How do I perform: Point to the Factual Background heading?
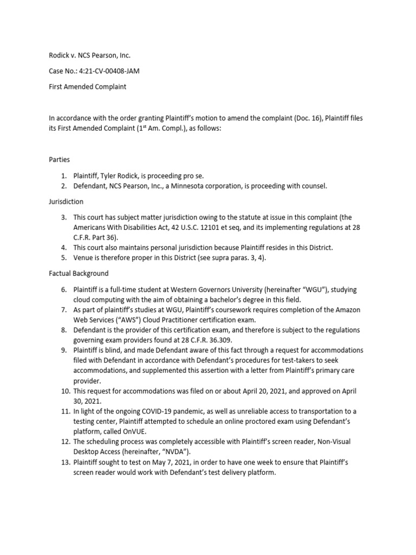[x=79, y=273]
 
